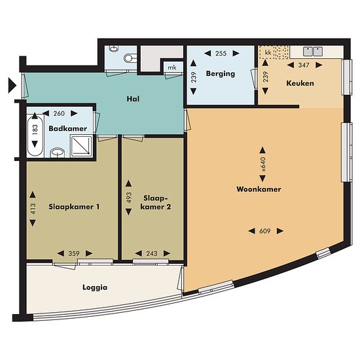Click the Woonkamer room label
(x=259, y=189)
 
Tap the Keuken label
(x=300, y=83)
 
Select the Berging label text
(x=221, y=74)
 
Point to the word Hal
(x=133, y=99)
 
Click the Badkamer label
(x=67, y=128)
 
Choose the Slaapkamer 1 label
(x=74, y=207)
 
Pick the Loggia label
(x=95, y=288)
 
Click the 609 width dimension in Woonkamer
(x=265, y=231)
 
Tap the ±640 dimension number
(x=263, y=164)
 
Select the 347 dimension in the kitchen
(x=304, y=65)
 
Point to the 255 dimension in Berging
(x=221, y=54)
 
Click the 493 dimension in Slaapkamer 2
(x=129, y=198)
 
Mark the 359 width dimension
(x=74, y=253)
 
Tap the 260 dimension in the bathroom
(x=59, y=113)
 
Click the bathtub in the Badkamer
(x=35, y=136)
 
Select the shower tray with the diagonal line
(x=81, y=146)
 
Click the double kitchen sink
(x=313, y=52)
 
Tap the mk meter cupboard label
(x=172, y=67)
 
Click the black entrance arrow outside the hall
(x=12, y=86)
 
